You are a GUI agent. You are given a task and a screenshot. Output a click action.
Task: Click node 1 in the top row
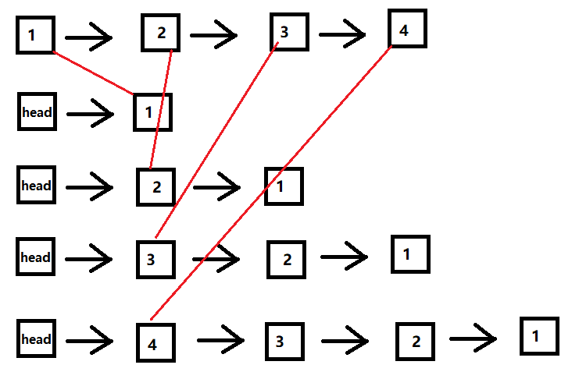click(35, 34)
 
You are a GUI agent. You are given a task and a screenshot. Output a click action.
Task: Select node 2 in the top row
click(161, 33)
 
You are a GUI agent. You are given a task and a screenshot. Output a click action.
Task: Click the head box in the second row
click(37, 112)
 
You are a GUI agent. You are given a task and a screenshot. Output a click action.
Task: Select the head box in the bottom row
click(36, 339)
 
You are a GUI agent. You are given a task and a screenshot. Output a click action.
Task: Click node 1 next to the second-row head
click(152, 112)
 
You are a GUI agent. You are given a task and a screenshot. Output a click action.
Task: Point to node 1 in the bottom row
click(539, 336)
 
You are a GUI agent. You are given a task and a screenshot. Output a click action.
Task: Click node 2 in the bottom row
click(415, 341)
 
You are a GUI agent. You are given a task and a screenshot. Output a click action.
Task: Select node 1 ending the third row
click(284, 186)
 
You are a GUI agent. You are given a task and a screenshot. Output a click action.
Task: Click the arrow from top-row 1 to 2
click(89, 35)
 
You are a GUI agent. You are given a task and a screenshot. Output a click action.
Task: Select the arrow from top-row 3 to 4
click(342, 34)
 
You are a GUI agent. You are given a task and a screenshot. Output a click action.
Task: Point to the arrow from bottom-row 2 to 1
click(473, 338)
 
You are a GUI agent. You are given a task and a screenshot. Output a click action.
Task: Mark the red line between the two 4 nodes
click(270, 183)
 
